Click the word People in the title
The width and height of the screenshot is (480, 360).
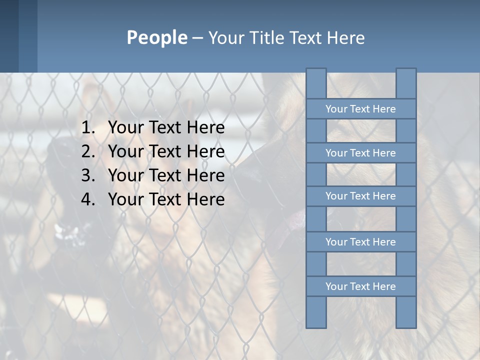point(156,37)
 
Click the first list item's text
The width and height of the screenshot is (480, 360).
point(166,128)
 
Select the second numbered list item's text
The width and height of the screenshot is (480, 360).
point(166,151)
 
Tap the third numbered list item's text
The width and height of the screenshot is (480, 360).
point(166,175)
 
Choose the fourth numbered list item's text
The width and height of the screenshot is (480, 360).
point(166,199)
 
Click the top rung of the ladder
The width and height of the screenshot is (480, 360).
point(360,109)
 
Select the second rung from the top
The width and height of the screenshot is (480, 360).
point(360,153)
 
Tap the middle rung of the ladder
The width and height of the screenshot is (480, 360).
point(360,196)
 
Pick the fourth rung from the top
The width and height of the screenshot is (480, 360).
point(360,242)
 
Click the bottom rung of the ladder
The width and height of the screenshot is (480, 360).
point(360,286)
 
